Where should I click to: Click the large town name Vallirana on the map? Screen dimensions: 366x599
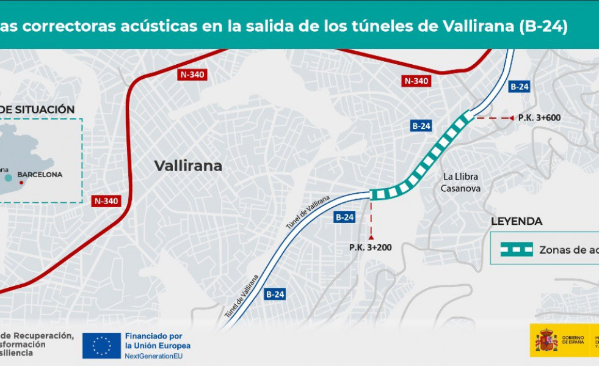pos(188,166)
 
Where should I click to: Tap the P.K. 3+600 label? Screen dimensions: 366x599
pos(539,118)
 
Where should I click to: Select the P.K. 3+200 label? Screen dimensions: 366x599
pos(371,247)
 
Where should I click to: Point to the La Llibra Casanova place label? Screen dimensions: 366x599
pos(460,182)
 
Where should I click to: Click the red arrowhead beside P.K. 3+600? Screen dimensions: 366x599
pos(512,118)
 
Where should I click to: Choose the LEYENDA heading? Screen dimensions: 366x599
pos(517,222)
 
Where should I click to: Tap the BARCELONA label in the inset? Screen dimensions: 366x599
pos(40,174)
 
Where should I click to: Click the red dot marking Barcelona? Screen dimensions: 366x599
pos(21,182)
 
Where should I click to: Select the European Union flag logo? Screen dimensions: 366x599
pos(101,346)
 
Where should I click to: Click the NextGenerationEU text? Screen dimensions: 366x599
pos(157,356)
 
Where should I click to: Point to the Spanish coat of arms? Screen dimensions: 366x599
pos(546,340)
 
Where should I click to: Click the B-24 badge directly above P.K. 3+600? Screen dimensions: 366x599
pos(519,87)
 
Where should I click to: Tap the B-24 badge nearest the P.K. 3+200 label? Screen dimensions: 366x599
pos(344,217)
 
